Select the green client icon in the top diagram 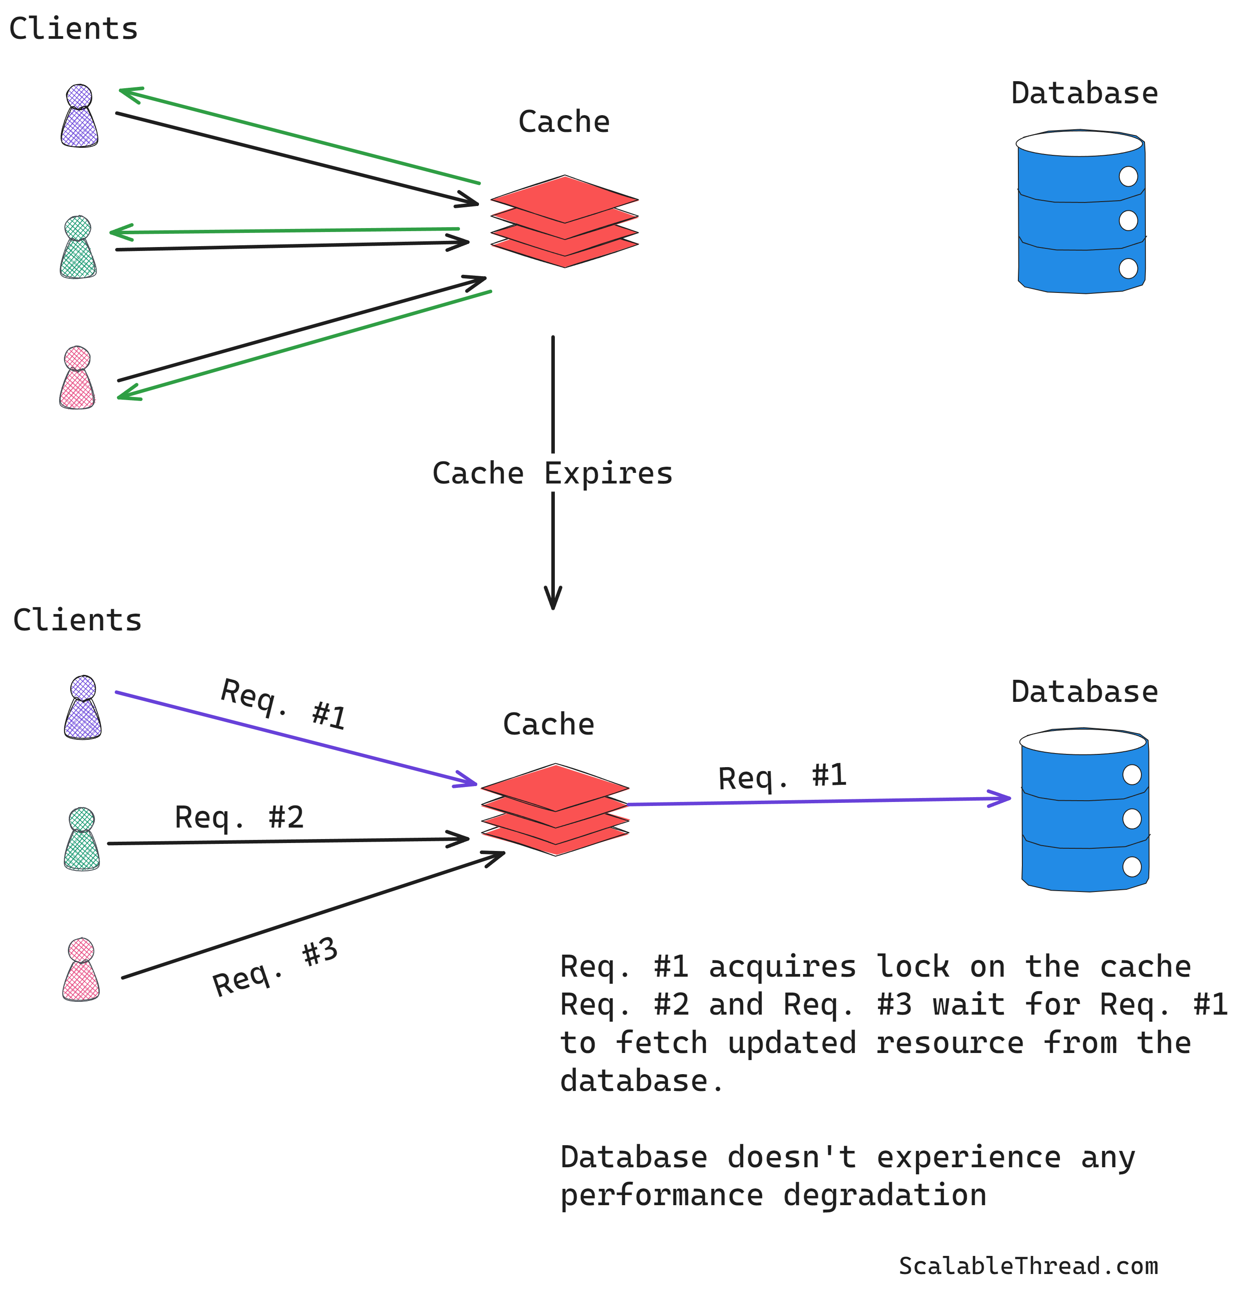78,248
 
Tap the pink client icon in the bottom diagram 81,970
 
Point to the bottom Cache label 548,724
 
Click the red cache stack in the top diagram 564,221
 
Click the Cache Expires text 552,473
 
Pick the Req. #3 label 275,967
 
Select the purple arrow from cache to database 815,801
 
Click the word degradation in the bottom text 884,1195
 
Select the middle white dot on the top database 1128,220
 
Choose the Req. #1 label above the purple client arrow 283,705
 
